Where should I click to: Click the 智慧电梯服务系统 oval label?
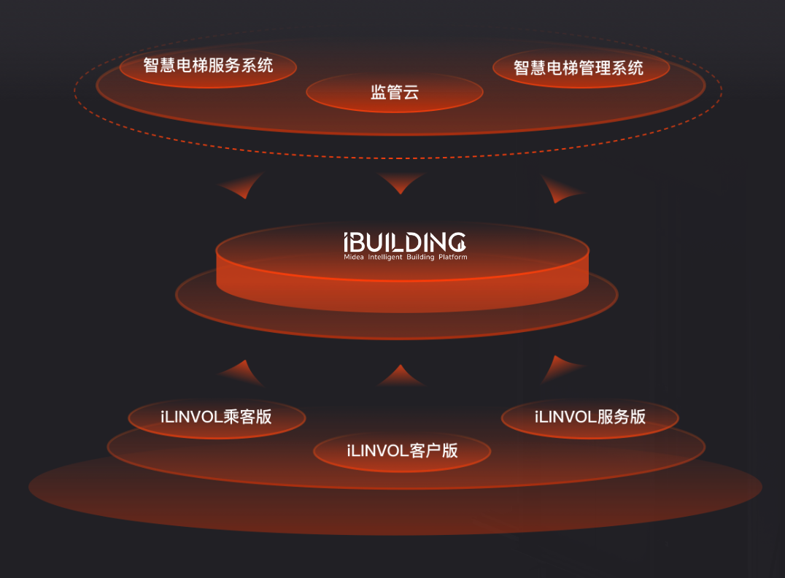208,66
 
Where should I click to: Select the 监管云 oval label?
394,92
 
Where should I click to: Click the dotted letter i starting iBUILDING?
348,242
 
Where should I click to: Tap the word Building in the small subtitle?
419,258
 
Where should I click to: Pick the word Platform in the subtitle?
452,258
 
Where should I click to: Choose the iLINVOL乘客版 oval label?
216,417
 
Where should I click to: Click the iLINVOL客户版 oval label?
402,450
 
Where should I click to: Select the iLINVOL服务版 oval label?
589,417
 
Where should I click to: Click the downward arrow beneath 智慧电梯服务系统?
241,188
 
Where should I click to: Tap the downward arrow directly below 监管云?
401,182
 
